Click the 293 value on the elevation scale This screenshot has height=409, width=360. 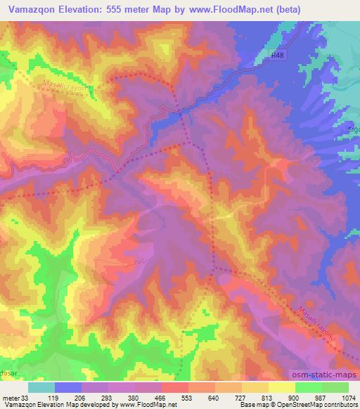122,398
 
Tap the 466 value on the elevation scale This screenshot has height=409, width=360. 176,398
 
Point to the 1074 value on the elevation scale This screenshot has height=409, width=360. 347,398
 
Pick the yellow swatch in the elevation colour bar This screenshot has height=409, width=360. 282,387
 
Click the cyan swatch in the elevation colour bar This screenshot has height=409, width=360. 41,387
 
